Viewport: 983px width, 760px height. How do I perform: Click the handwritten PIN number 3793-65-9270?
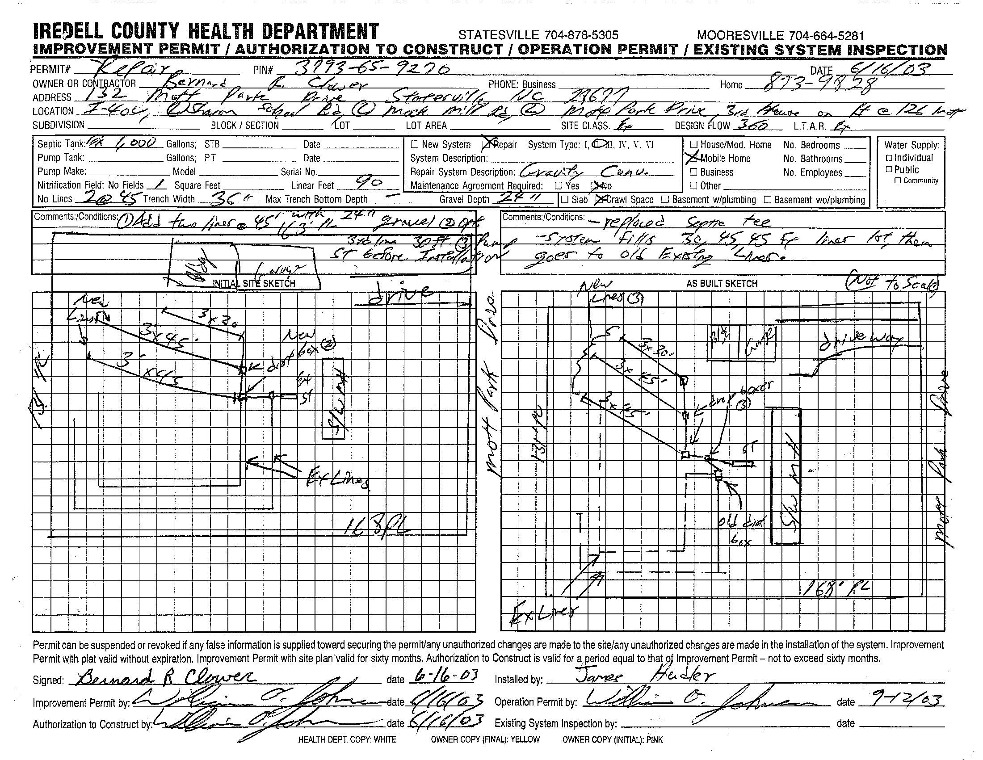pyautogui.click(x=372, y=69)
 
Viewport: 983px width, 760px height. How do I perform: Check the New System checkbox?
pyautogui.click(x=415, y=144)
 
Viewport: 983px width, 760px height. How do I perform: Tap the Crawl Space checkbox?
pyautogui.click(x=600, y=199)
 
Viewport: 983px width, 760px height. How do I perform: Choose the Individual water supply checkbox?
pyautogui.click(x=889, y=158)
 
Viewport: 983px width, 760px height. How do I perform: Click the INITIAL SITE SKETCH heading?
pyautogui.click(x=254, y=283)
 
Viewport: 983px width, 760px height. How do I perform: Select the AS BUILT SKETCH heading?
pyautogui.click(x=722, y=283)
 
